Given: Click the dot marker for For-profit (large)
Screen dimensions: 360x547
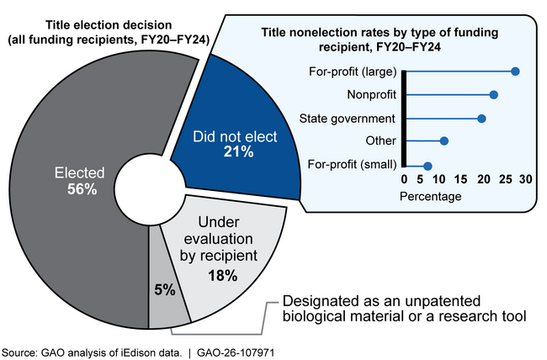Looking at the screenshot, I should pyautogui.click(x=515, y=71).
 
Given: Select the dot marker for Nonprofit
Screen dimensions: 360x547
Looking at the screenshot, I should pyautogui.click(x=494, y=95).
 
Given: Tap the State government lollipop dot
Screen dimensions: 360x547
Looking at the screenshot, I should pyautogui.click(x=481, y=119).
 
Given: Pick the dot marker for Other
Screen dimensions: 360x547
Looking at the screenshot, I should pyautogui.click(x=444, y=140).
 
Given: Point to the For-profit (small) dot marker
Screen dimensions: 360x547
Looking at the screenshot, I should pyautogui.click(x=428, y=166).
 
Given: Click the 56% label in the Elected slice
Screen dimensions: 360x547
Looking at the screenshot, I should pyautogui.click(x=82, y=190).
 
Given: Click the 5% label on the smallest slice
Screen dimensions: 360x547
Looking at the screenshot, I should pyautogui.click(x=164, y=289).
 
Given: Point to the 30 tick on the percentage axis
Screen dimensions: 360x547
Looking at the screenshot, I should pyautogui.click(x=524, y=180).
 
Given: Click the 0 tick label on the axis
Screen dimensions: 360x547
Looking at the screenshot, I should pyautogui.click(x=404, y=180).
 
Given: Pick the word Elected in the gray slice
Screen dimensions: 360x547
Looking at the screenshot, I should pyautogui.click(x=82, y=174).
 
